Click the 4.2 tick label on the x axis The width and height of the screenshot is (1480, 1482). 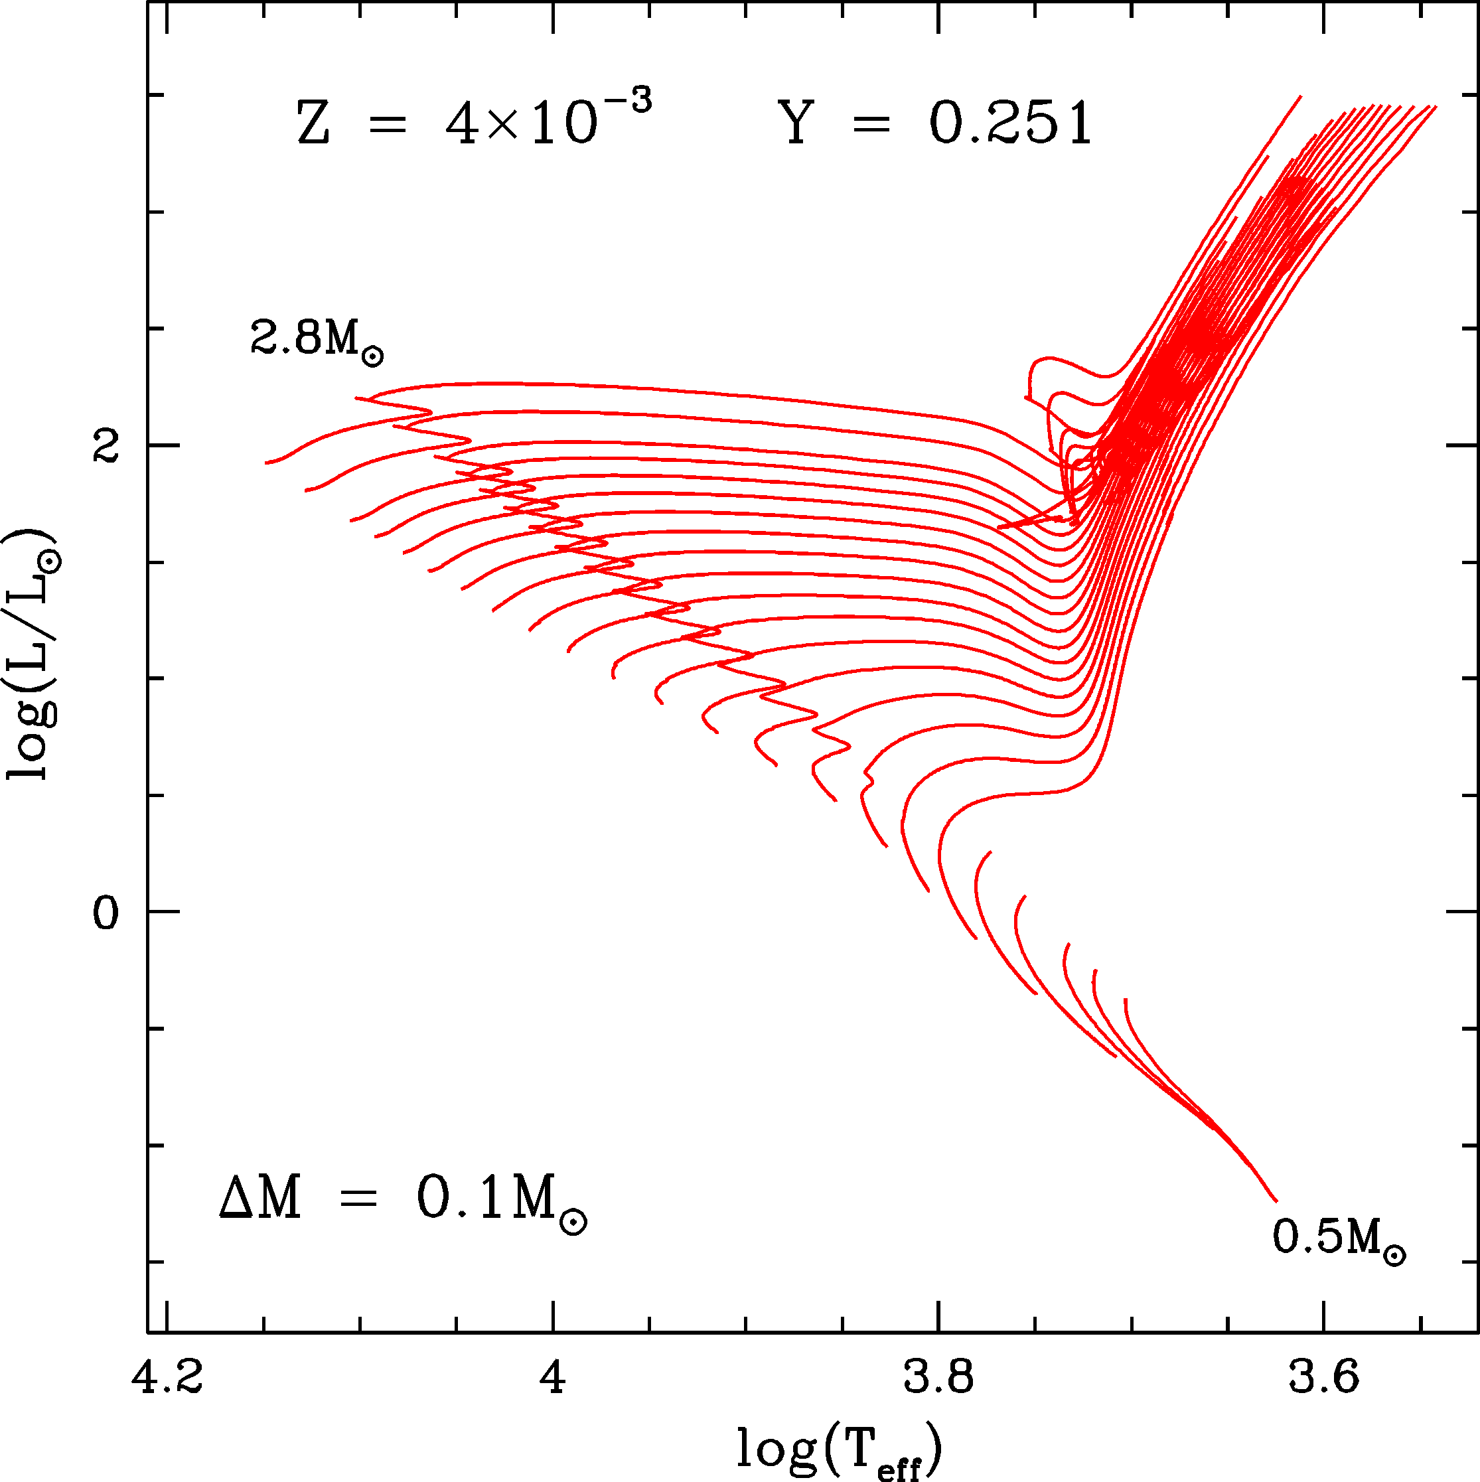click(x=167, y=1376)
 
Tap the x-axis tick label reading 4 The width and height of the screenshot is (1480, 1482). click(x=552, y=1376)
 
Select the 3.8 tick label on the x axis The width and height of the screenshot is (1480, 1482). click(x=938, y=1376)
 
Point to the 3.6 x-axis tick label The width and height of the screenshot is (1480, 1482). click(x=1323, y=1376)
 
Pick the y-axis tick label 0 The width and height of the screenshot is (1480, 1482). click(x=106, y=913)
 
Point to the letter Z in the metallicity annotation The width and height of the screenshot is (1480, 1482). click(x=313, y=124)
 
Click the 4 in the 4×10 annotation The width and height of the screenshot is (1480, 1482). click(x=462, y=124)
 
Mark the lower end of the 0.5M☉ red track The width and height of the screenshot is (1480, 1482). click(x=1276, y=1201)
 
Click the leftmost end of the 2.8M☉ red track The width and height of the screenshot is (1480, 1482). click(x=266, y=463)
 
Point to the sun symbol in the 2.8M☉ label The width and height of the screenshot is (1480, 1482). click(x=372, y=356)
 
